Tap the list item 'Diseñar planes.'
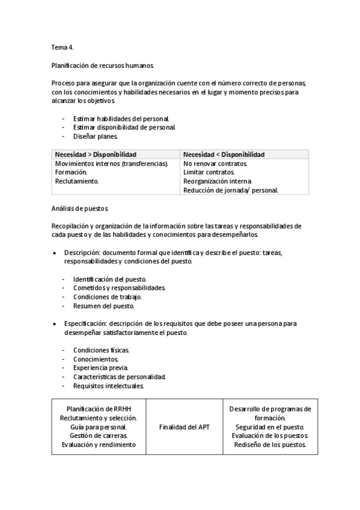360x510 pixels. pyautogui.click(x=96, y=136)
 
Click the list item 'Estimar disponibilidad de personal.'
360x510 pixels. pyautogui.click(x=124, y=127)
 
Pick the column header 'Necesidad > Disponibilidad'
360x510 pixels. pyautogui.click(x=96, y=154)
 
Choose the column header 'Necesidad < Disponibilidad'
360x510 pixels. pyautogui.click(x=224, y=154)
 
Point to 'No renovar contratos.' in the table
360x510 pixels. pyautogui.click(x=215, y=164)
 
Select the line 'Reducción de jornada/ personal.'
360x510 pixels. pyautogui.click(x=230, y=190)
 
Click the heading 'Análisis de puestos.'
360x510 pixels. pyautogui.click(x=81, y=208)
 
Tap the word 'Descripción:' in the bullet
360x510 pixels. pyautogui.click(x=83, y=253)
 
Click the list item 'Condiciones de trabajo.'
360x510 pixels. pyautogui.click(x=108, y=296)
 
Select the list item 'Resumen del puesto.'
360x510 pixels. pyautogui.click(x=103, y=306)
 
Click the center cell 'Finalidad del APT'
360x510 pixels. pyautogui.click(x=184, y=426)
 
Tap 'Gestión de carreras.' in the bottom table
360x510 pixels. pyautogui.click(x=98, y=435)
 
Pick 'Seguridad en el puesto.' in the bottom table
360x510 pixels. pyautogui.click(x=270, y=426)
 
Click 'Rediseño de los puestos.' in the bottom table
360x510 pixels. pyautogui.click(x=270, y=444)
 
